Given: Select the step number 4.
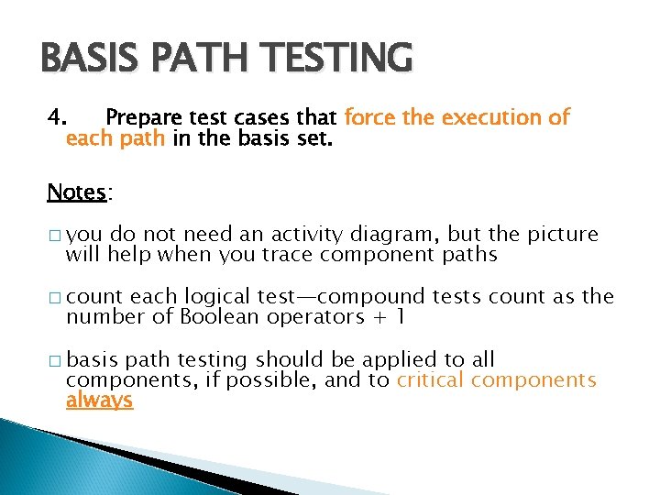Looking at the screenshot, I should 57,118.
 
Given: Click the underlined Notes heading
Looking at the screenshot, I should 77,192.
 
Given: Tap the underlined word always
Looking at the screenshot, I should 99,401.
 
